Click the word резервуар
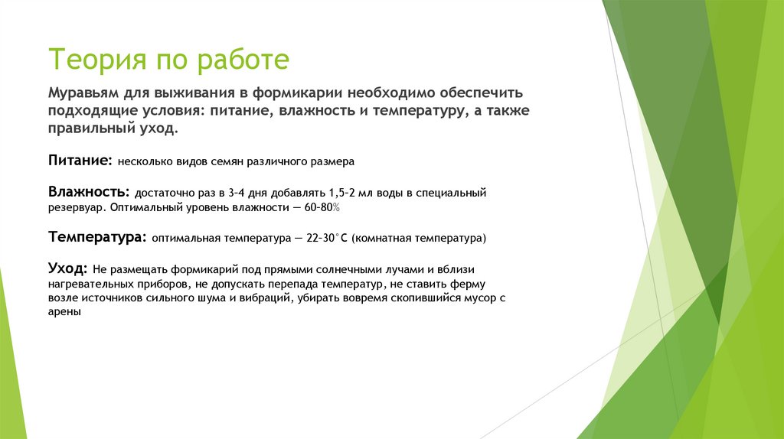coord(77,207)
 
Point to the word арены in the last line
coord(65,313)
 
